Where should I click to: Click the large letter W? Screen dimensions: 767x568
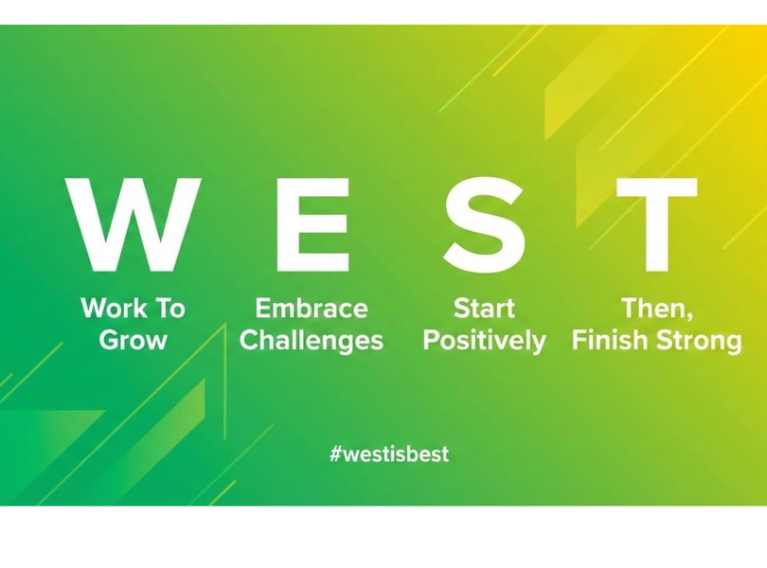tap(134, 224)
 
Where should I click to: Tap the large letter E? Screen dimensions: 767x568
tap(313, 224)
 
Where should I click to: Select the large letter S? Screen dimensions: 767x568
tap(484, 224)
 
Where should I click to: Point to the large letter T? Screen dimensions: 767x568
tap(656, 224)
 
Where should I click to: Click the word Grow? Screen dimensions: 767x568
tap(134, 340)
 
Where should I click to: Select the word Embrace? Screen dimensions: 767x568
tap(312, 309)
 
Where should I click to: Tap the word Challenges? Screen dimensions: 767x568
tap(312, 340)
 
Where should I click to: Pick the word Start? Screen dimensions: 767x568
tap(484, 309)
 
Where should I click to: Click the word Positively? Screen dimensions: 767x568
tap(484, 341)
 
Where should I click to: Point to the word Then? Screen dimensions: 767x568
tap(654, 309)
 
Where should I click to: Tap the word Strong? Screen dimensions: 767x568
tap(699, 341)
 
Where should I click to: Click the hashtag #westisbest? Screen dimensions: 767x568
tap(389, 453)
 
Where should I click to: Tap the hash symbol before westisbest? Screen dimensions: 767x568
tap(335, 454)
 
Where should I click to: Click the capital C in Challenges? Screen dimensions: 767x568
tap(249, 340)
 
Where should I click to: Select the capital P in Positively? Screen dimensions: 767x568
tap(432, 340)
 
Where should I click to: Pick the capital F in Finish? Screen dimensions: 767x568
tap(580, 340)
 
